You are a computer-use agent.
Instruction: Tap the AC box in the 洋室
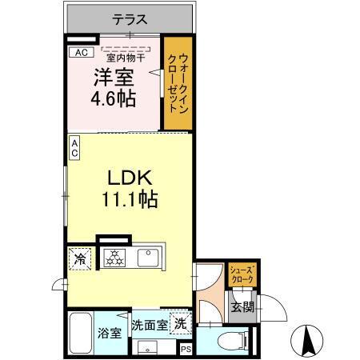(x=79, y=53)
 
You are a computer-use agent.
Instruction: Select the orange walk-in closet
(x=177, y=83)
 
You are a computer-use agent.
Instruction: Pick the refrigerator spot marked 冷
(x=80, y=258)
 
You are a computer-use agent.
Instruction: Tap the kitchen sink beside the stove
(x=146, y=258)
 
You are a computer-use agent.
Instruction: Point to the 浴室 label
(x=109, y=334)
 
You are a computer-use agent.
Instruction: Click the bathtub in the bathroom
(x=82, y=331)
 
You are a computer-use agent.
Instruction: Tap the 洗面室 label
(x=150, y=325)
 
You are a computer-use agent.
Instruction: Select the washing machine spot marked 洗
(x=181, y=325)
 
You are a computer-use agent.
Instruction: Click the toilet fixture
(x=229, y=339)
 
